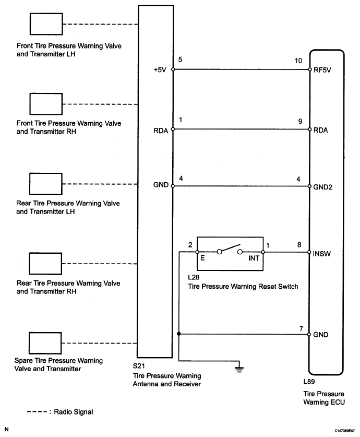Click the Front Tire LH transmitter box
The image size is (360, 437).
[x=45, y=24]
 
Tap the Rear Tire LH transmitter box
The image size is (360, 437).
[x=45, y=183]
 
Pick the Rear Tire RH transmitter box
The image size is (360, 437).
[x=45, y=264]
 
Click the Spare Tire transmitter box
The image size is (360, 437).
[x=45, y=343]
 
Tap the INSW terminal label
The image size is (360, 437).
[x=323, y=254]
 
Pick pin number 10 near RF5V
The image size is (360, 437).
[x=299, y=61]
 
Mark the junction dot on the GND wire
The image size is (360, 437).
[x=178, y=334]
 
